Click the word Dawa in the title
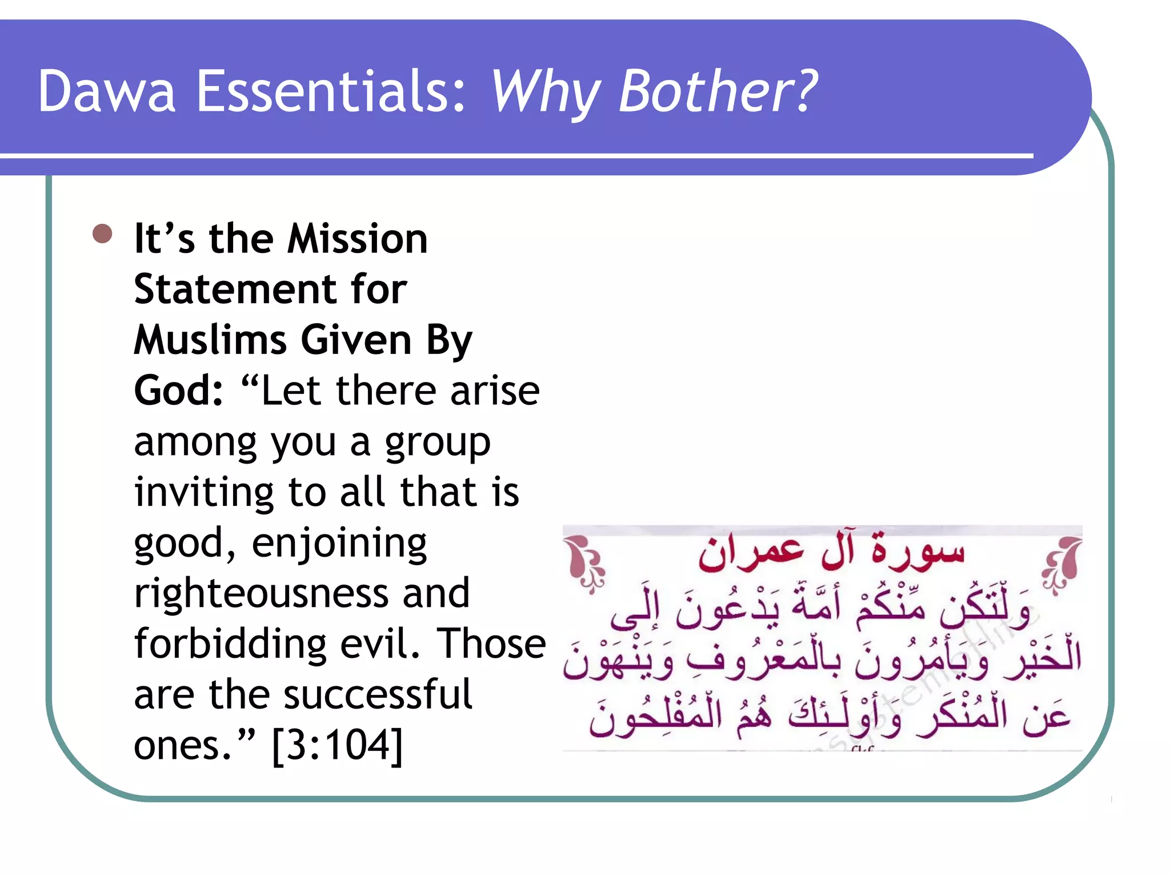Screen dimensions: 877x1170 coord(107,91)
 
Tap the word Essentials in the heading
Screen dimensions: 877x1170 coord(331,91)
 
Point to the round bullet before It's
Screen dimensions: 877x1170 coord(102,234)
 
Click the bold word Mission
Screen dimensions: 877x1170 coord(357,239)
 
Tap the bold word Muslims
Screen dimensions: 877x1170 coord(210,340)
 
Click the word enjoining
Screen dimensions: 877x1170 coord(339,544)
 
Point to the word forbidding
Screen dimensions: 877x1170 coord(230,643)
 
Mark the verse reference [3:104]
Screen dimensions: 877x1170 coord(338,746)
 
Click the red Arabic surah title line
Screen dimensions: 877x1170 coord(831,552)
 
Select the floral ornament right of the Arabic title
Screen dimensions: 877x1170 coord(1063,563)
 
